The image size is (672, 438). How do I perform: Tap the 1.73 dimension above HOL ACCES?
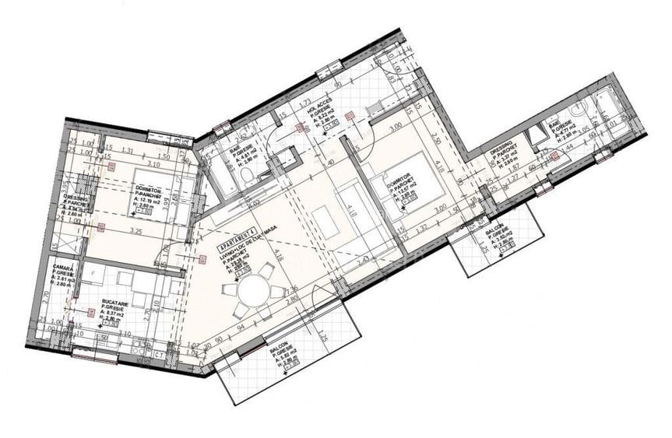tap(306, 102)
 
